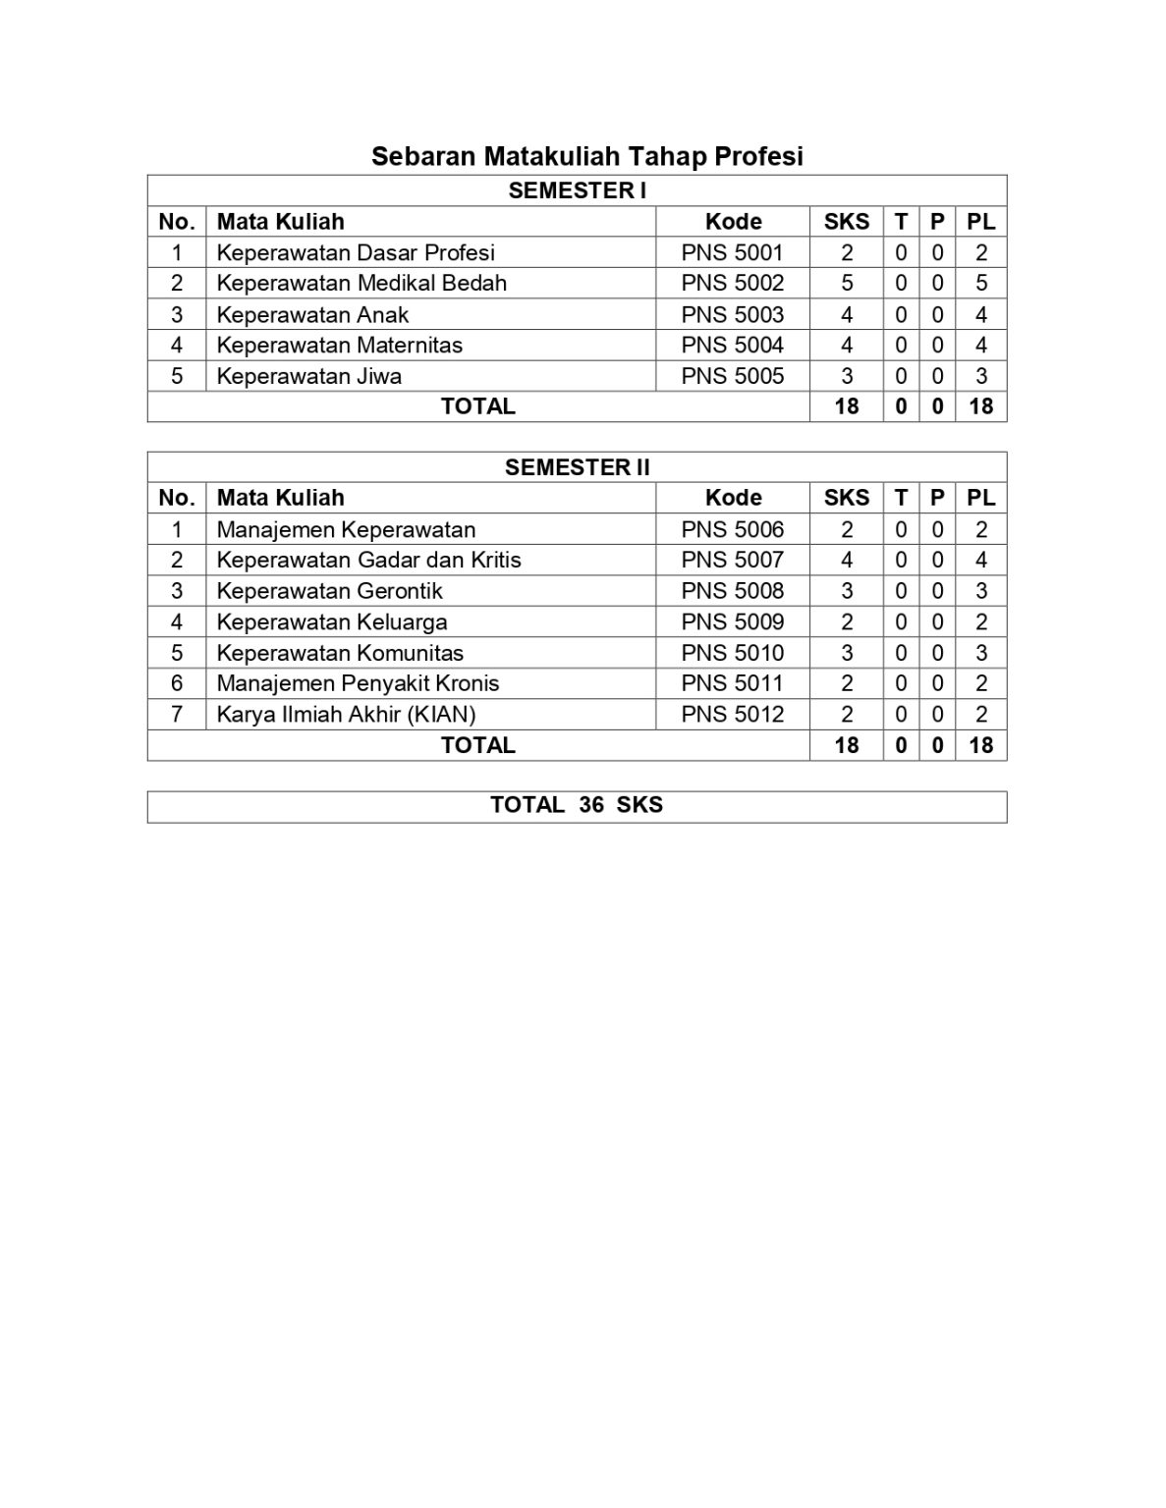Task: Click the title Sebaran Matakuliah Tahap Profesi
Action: pyautogui.click(x=586, y=156)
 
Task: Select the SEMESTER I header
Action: pyautogui.click(x=577, y=190)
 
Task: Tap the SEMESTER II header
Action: pyautogui.click(x=577, y=467)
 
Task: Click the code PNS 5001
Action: pyautogui.click(x=733, y=252)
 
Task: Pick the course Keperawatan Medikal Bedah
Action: pyautogui.click(x=361, y=283)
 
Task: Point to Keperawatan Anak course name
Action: pyautogui.click(x=312, y=314)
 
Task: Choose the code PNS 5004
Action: pyautogui.click(x=733, y=345)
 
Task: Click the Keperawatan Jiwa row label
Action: pyautogui.click(x=308, y=376)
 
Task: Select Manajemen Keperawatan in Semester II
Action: pyautogui.click(x=346, y=529)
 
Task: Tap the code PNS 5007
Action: pyautogui.click(x=733, y=560)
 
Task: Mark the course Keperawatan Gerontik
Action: pyautogui.click(x=329, y=591)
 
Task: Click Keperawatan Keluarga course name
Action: pyautogui.click(x=332, y=621)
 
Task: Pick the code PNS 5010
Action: pyautogui.click(x=733, y=653)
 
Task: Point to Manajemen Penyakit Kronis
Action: pyautogui.click(x=358, y=683)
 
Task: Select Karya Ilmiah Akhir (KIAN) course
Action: pyautogui.click(x=346, y=714)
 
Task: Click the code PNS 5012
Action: pyautogui.click(x=733, y=714)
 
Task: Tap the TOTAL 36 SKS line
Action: pyautogui.click(x=577, y=805)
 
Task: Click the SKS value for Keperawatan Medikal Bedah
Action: pyautogui.click(x=847, y=283)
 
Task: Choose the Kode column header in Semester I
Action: pyautogui.click(x=733, y=222)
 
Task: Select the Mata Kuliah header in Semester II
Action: pyautogui.click(x=280, y=498)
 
